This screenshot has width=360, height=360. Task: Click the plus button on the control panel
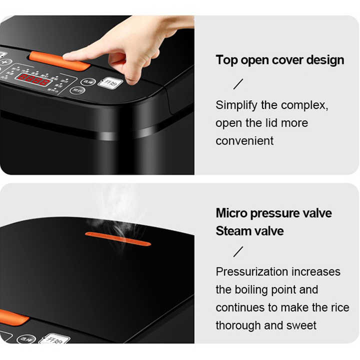6,62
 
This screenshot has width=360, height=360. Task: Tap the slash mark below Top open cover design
238,84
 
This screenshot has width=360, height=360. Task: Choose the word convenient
244,141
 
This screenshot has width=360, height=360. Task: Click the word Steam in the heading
234,231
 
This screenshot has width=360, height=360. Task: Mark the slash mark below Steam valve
238,251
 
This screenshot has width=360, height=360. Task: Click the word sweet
301,325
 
